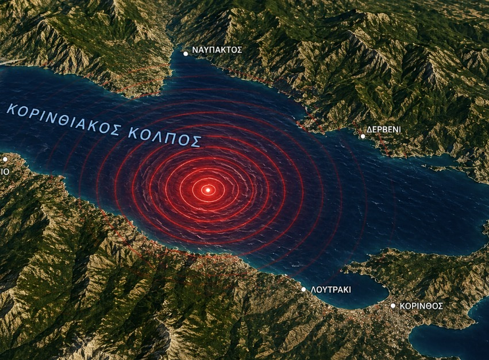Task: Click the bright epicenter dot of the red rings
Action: [x=208, y=189]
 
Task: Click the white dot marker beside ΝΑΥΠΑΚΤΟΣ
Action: [x=186, y=53]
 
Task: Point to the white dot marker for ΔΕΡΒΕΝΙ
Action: [x=363, y=136]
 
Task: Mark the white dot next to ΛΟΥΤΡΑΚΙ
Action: [x=304, y=289]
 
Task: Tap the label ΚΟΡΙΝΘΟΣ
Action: [x=422, y=307]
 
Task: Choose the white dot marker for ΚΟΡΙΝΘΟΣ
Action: [x=393, y=306]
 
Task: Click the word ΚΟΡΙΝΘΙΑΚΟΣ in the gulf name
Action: [x=63, y=119]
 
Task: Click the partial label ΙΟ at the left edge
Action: [x=5, y=171]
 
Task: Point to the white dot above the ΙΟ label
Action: [x=5, y=159]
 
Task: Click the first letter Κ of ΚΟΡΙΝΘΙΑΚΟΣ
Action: [x=11, y=108]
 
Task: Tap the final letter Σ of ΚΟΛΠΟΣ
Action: [x=197, y=141]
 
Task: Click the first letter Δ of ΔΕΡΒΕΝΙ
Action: [x=370, y=130]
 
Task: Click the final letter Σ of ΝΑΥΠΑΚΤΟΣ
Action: [x=239, y=50]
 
